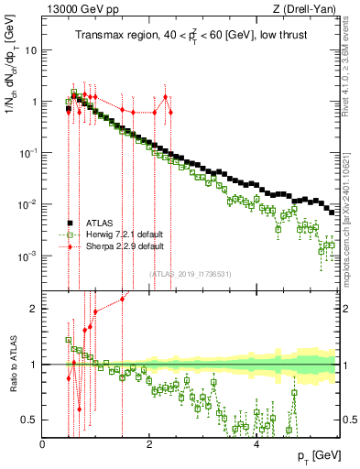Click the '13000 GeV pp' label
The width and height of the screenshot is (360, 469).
point(75,8)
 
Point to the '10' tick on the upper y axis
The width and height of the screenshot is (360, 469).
point(30,50)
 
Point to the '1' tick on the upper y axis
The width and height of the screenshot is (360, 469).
point(35,102)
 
